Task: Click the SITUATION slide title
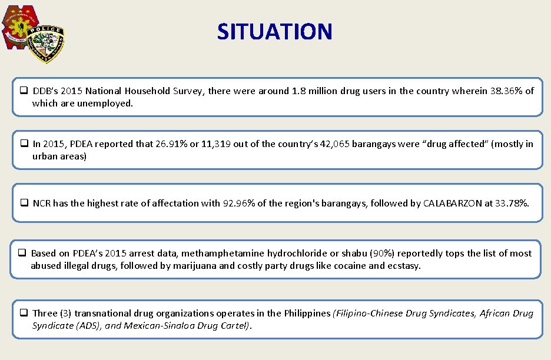[x=274, y=31]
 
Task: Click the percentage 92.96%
[x=238, y=204]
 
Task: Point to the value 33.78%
[x=512, y=204]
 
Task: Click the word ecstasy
[x=403, y=266]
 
